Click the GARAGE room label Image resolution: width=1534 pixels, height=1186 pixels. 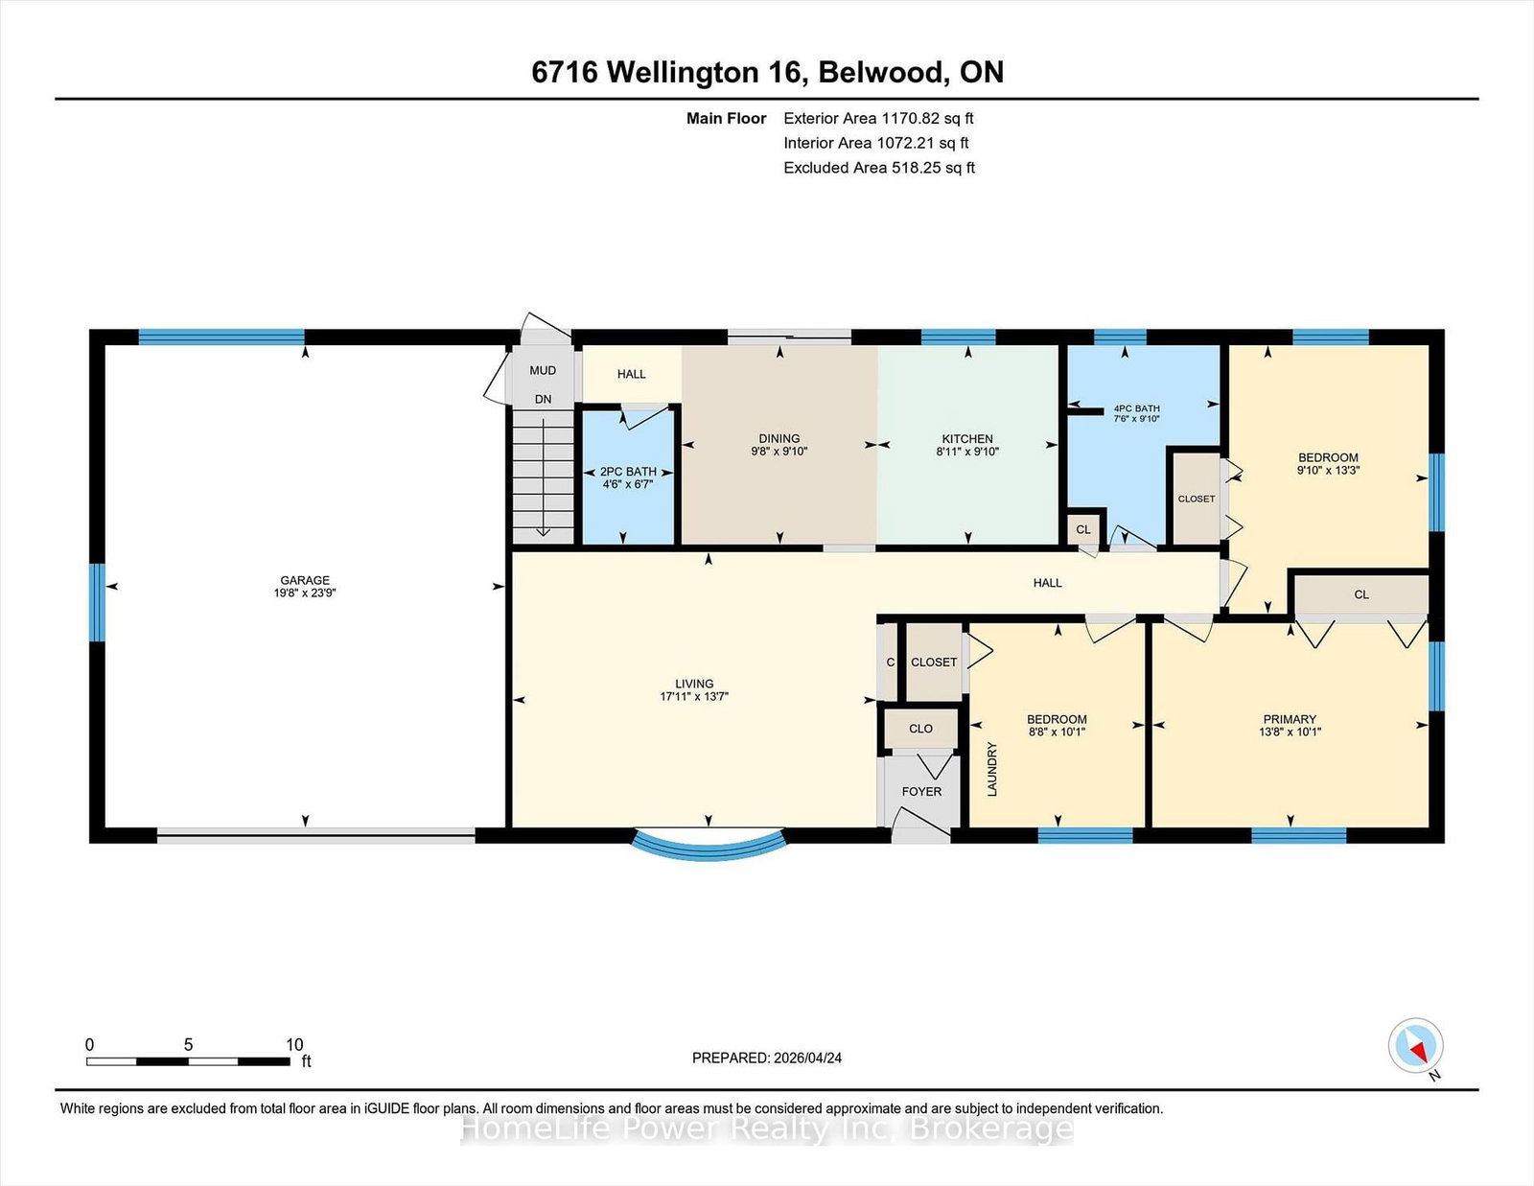pyautogui.click(x=305, y=580)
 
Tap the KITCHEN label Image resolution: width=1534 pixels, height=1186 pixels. pyautogui.click(x=967, y=438)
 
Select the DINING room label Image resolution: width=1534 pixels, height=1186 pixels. pyautogui.click(x=779, y=438)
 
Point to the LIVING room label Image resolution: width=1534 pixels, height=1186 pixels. pyautogui.click(x=694, y=684)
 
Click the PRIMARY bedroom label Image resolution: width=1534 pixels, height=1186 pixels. pyautogui.click(x=1290, y=719)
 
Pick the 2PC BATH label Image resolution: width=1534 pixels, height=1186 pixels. pyautogui.click(x=628, y=472)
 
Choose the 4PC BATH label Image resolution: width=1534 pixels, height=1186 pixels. pyautogui.click(x=1136, y=408)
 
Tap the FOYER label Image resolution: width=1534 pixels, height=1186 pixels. pyautogui.click(x=922, y=791)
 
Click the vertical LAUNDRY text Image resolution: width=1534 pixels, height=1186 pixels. pyautogui.click(x=992, y=769)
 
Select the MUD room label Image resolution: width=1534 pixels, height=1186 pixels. pyautogui.click(x=543, y=371)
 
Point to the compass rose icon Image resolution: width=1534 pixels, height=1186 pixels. pyautogui.click(x=1415, y=1045)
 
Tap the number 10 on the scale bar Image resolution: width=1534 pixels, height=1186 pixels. pyautogui.click(x=294, y=1044)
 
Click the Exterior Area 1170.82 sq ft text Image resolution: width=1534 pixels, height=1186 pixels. pyautogui.click(x=878, y=119)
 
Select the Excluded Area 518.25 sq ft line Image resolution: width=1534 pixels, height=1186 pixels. pyautogui.click(x=879, y=168)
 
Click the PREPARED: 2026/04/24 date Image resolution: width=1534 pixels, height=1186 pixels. pyautogui.click(x=767, y=1058)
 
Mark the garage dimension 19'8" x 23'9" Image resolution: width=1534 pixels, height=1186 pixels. pyautogui.click(x=305, y=593)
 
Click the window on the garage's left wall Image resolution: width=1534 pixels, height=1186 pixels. pyautogui.click(x=98, y=602)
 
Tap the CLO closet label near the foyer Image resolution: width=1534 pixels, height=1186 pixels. pyautogui.click(x=920, y=729)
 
